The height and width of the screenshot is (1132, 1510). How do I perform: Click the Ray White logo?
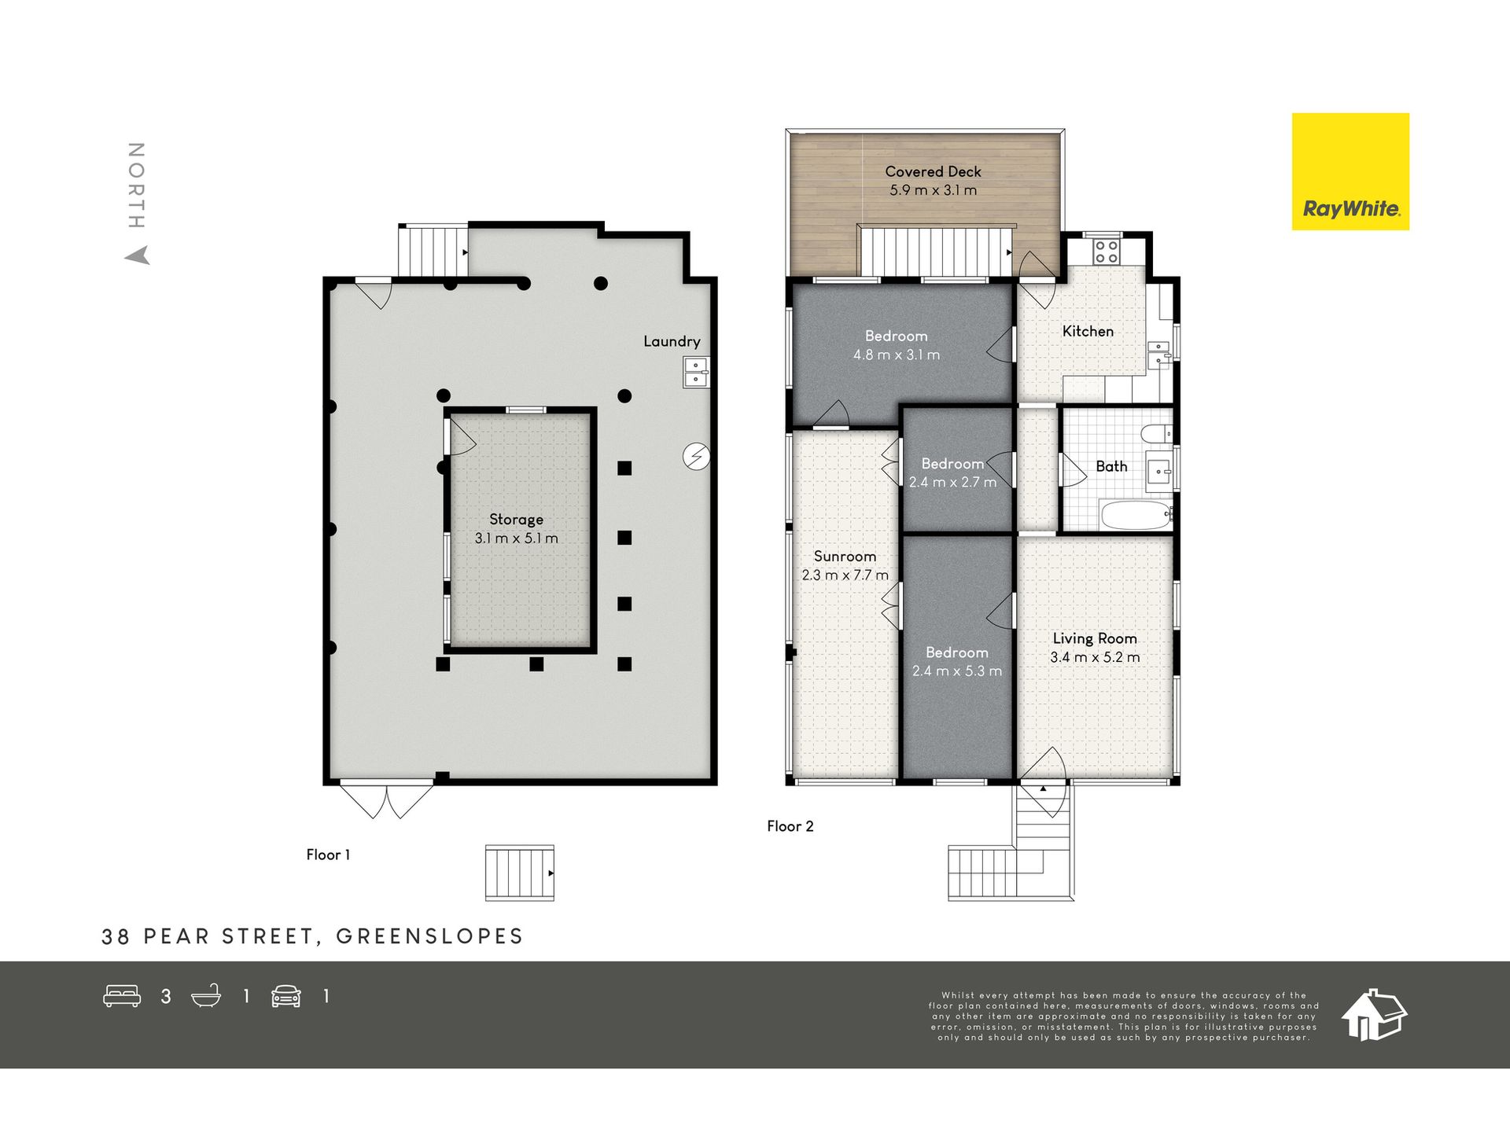[1350, 171]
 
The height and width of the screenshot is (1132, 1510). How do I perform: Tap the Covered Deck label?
[933, 171]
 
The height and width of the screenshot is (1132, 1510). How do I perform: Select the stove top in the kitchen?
[1106, 252]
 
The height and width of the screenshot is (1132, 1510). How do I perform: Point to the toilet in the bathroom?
[1156, 433]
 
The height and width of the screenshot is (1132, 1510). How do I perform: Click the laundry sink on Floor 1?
[696, 372]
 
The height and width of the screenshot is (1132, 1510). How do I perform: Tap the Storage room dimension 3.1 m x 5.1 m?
[516, 538]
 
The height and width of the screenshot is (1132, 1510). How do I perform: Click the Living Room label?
[1095, 638]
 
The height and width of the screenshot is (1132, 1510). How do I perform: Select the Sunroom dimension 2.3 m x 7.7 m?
[845, 575]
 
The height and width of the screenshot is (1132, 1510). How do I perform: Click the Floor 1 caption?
[328, 855]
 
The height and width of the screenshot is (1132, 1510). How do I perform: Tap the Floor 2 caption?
[790, 826]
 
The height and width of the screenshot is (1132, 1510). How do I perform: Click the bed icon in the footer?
[122, 996]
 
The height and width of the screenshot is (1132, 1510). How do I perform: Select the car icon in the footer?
[286, 996]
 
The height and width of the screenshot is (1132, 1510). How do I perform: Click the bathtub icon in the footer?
[206, 996]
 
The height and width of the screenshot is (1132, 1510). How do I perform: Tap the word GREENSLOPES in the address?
[429, 936]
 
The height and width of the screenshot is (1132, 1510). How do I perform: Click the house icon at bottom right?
[1373, 1014]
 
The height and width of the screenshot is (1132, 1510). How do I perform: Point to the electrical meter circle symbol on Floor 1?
[696, 456]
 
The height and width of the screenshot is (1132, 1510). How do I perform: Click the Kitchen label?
[1088, 332]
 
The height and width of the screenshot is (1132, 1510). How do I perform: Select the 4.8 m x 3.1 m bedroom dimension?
[897, 355]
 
